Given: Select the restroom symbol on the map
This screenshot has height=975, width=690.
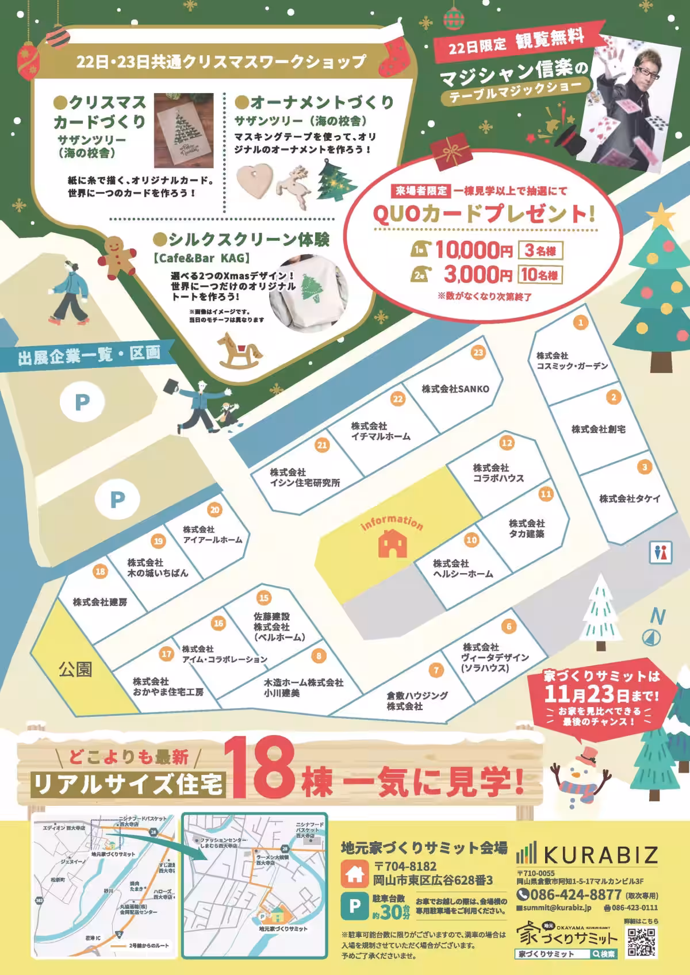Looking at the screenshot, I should click(661, 552).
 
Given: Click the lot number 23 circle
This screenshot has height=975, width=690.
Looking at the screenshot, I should click(478, 352).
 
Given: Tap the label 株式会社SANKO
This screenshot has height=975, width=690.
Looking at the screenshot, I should click(455, 389).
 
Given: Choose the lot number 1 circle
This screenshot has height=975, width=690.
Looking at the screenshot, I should click(581, 323).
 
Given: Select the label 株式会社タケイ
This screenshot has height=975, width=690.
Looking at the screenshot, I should click(630, 498).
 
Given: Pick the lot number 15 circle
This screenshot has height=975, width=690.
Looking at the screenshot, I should click(264, 598).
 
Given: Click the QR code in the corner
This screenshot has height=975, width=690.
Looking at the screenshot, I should click(641, 942).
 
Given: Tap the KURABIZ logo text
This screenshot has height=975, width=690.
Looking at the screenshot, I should click(601, 855).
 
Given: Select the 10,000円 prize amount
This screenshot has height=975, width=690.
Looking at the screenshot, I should click(473, 251).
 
